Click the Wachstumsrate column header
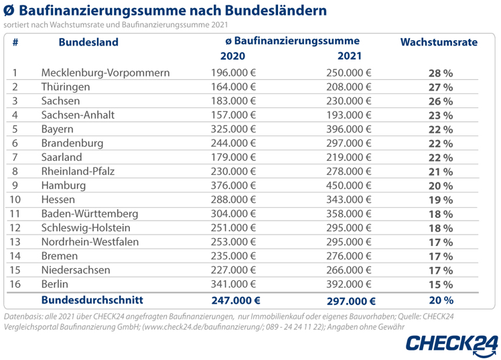pyautogui.click(x=438, y=42)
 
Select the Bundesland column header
pyautogui.click(x=88, y=42)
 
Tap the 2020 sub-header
pyautogui.click(x=232, y=56)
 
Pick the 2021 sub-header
pyautogui.click(x=350, y=56)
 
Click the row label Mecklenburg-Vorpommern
pyautogui.click(x=105, y=73)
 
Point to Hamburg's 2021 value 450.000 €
pyautogui.click(x=348, y=186)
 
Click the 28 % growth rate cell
pyautogui.click(x=441, y=74)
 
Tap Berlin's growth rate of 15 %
pyautogui.click(x=441, y=285)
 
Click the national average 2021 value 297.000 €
pyautogui.click(x=350, y=301)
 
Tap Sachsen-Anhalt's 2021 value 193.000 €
pyautogui.click(x=348, y=115)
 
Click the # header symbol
pyautogui.click(x=15, y=42)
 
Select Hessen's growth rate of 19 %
pyautogui.click(x=441, y=200)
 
